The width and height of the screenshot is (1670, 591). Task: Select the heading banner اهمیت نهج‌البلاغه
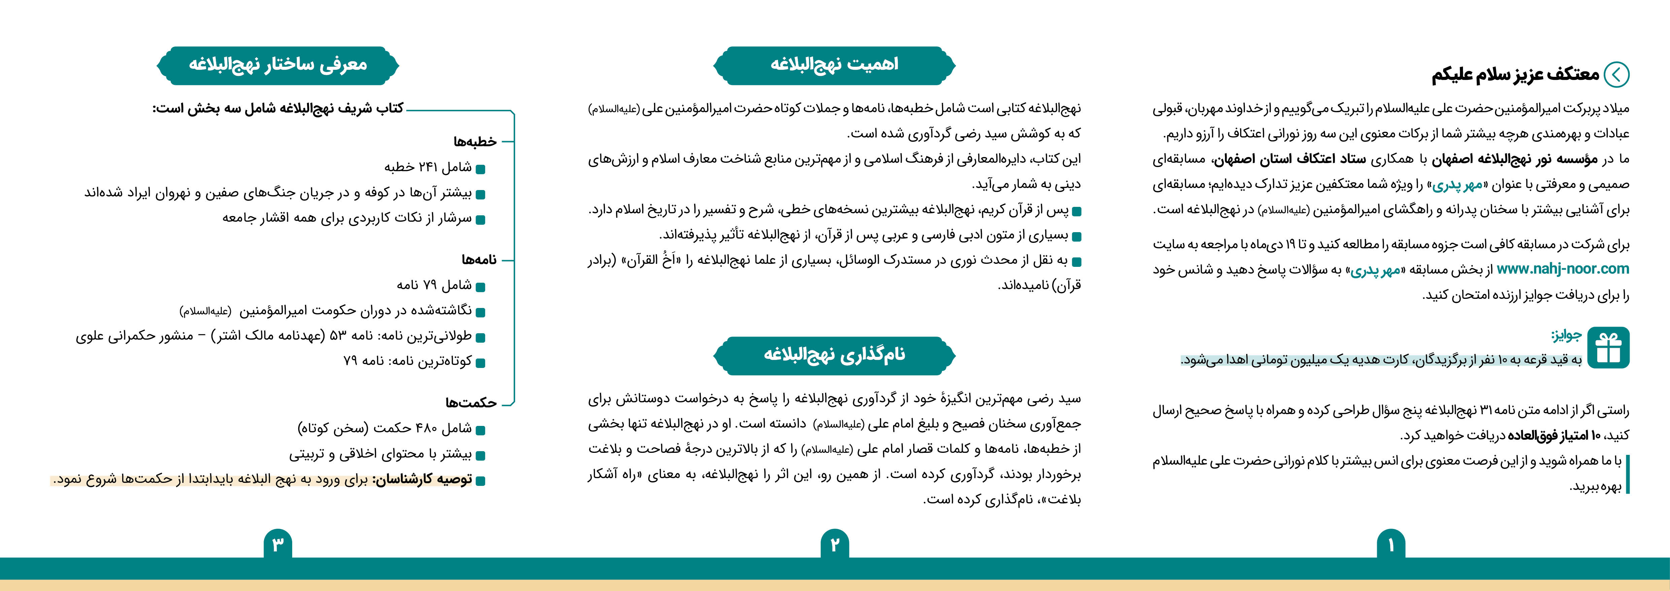click(x=834, y=65)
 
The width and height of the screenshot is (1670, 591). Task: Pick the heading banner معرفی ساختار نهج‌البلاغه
click(x=277, y=65)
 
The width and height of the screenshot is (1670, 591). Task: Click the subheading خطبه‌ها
click(x=475, y=142)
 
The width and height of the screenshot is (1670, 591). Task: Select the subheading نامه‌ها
click(x=479, y=259)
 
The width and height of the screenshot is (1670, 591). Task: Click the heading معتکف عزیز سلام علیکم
click(x=1516, y=75)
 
